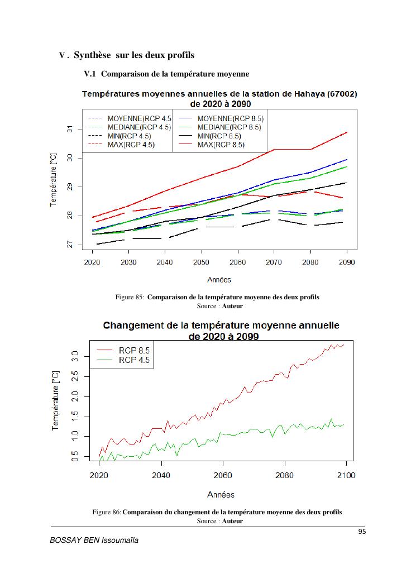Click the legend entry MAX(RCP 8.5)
[x=221, y=145]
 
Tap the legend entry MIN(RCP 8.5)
[x=219, y=136]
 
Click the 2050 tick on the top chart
[x=201, y=262]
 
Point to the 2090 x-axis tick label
[x=347, y=262]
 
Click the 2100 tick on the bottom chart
[x=347, y=475]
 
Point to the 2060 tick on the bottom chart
[x=223, y=475]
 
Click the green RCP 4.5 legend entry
[x=134, y=360]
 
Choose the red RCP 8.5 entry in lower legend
[x=134, y=350]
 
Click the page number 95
[x=362, y=532]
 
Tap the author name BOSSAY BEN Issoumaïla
[x=94, y=541]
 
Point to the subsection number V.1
[x=90, y=74]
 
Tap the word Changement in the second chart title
[x=137, y=326]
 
